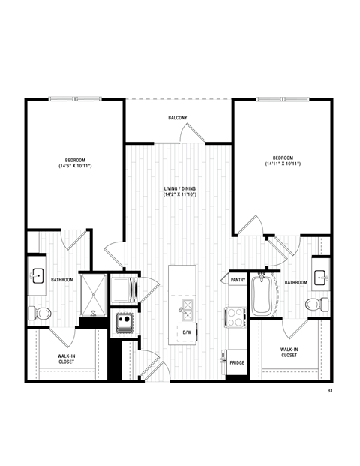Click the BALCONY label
178,118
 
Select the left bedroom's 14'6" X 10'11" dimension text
74,166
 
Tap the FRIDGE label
237,362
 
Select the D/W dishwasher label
185,332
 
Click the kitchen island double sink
185,305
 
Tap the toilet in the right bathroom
317,304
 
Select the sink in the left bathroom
37,277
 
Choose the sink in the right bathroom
320,277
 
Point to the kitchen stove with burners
234,317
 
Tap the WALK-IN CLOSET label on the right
288,352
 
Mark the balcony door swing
192,133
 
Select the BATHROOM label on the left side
62,280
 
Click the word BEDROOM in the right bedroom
282,157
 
